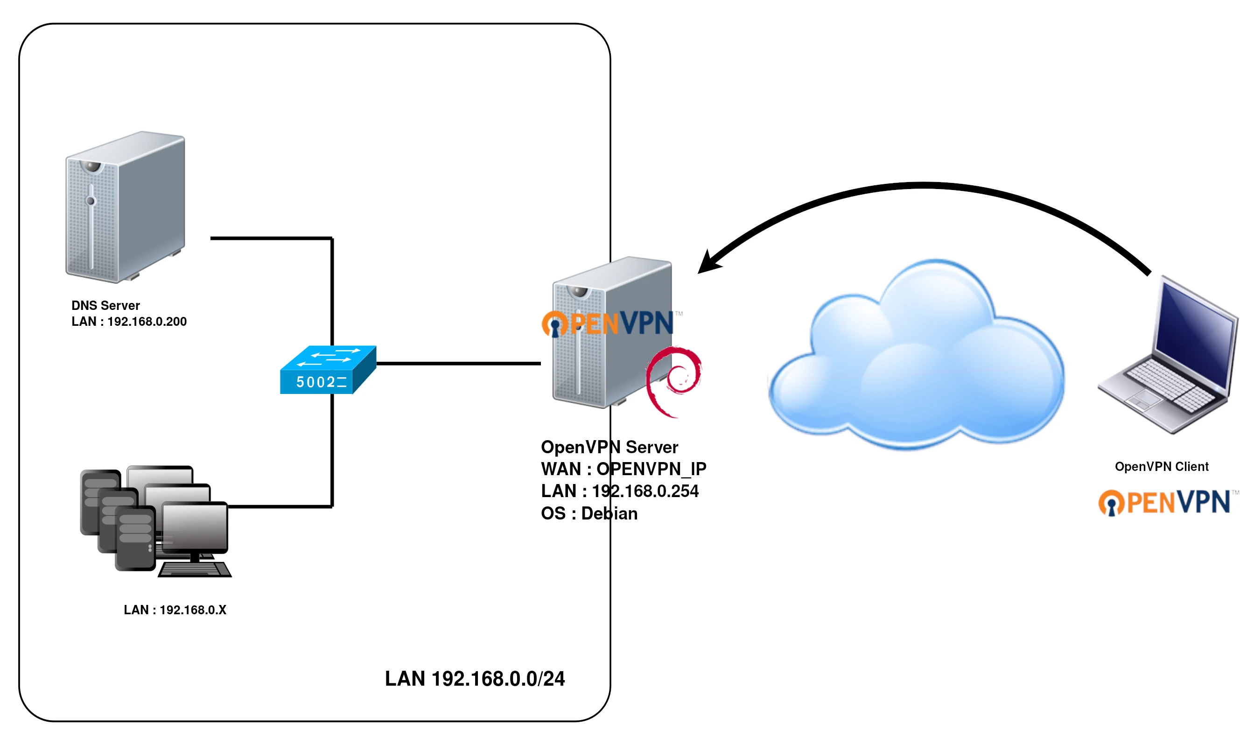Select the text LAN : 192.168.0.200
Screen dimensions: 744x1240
tap(129, 322)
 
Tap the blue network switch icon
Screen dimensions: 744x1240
tap(328, 370)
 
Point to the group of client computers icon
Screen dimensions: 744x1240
tap(155, 521)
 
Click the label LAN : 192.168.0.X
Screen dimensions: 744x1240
tap(175, 610)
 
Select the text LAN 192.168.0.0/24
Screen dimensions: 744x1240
tap(474, 678)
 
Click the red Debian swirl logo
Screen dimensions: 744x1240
tap(673, 381)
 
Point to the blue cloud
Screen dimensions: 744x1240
tap(917, 361)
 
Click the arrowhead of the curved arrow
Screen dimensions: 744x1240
tap(708, 264)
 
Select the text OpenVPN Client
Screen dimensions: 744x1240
tap(1161, 466)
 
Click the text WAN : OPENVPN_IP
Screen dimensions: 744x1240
tap(623, 469)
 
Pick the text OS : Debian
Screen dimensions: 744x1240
tap(589, 513)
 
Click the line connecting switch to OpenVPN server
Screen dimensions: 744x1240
tap(459, 363)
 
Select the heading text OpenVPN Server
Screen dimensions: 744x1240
tap(609, 447)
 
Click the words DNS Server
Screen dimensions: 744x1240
tap(105, 305)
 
